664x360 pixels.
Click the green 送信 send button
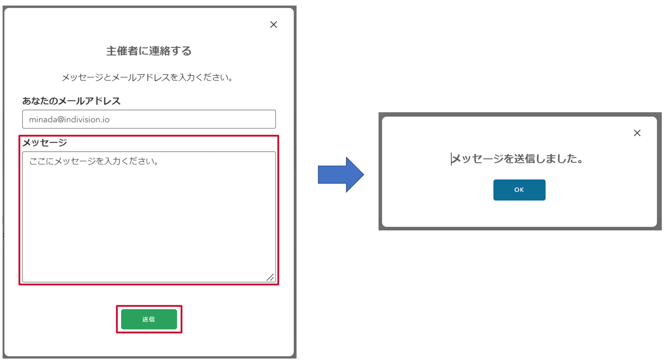point(149,319)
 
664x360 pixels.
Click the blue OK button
point(519,190)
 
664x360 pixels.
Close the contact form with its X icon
point(274,24)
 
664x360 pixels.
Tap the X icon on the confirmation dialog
point(637,133)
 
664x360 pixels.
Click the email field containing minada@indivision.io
point(149,119)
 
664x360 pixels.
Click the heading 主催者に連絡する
point(149,51)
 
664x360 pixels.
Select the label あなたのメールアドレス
point(71,101)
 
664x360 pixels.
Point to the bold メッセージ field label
point(45,143)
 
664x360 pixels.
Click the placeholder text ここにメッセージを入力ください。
point(94,161)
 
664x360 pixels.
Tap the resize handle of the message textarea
point(270,277)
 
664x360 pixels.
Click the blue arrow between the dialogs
point(340,175)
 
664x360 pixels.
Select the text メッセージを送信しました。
point(518,159)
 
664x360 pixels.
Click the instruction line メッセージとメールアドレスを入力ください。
point(147,77)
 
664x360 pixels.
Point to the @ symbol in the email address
point(61,120)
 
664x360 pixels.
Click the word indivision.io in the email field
point(87,119)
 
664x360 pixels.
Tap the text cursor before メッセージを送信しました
point(451,159)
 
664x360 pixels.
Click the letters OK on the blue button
point(519,190)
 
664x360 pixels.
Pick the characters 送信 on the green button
point(149,319)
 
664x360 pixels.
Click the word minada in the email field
point(43,119)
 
